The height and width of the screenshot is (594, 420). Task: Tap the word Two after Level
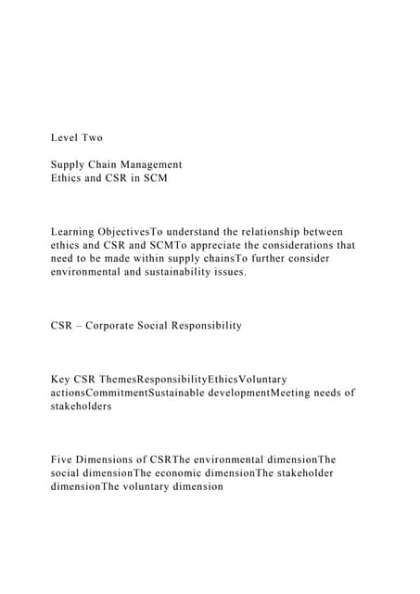[x=93, y=137]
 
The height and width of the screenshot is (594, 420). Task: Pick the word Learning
[x=73, y=231]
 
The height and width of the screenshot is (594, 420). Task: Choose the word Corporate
[x=119, y=326]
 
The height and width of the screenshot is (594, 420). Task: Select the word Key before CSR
[x=61, y=379]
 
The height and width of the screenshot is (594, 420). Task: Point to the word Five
[x=62, y=458]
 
